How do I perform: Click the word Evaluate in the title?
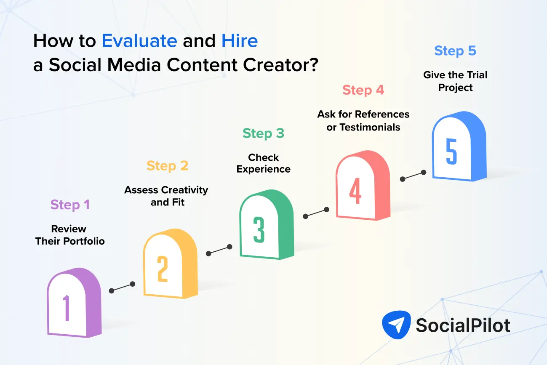(x=139, y=41)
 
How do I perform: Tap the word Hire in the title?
(x=240, y=41)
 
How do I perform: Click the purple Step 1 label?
(x=70, y=205)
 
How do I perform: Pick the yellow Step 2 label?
(x=167, y=166)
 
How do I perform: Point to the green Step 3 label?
(x=263, y=133)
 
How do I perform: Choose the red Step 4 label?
(x=363, y=90)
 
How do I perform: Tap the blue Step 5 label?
(x=455, y=51)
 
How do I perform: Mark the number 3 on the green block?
(x=259, y=229)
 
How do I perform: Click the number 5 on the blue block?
(x=451, y=152)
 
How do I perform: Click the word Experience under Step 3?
(x=263, y=169)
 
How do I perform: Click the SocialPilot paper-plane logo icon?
(x=396, y=325)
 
